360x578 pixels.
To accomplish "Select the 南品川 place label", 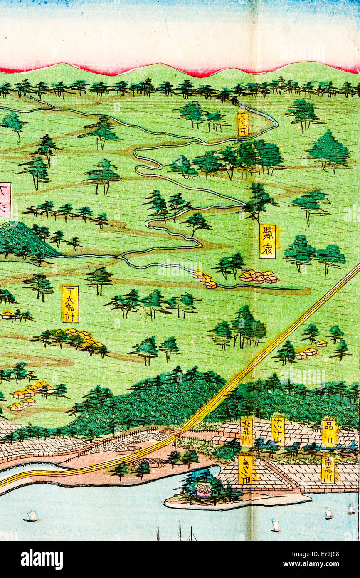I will pos(328,469).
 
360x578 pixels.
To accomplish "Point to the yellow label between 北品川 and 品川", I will pos(278,431).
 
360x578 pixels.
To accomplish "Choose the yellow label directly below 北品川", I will pos(245,469).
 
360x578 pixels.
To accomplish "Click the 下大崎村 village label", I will pos(70,304).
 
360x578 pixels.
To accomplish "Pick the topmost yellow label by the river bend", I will pos(243,124).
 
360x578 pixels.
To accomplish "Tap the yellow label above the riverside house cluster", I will pos(267,242).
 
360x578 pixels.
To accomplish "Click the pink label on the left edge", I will pos(5,200).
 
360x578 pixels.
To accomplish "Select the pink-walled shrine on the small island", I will pos(203,490).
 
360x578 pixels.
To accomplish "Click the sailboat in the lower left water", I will pos(31,517).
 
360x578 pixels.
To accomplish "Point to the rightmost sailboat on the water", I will pos(351,509).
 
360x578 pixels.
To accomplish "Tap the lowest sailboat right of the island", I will pos(275,526).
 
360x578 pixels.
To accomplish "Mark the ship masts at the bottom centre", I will pos(180,532).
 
